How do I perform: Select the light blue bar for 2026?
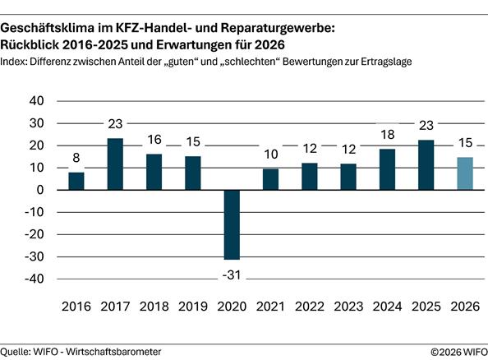[x=464, y=173]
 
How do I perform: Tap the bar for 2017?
[x=114, y=164]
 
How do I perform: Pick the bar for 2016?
[x=76, y=181]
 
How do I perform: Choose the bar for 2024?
[x=387, y=169]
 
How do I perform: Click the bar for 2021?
[x=270, y=179]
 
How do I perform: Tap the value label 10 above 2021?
[x=270, y=154]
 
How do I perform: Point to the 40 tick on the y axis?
[x=35, y=101]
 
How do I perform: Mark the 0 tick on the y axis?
[x=39, y=190]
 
